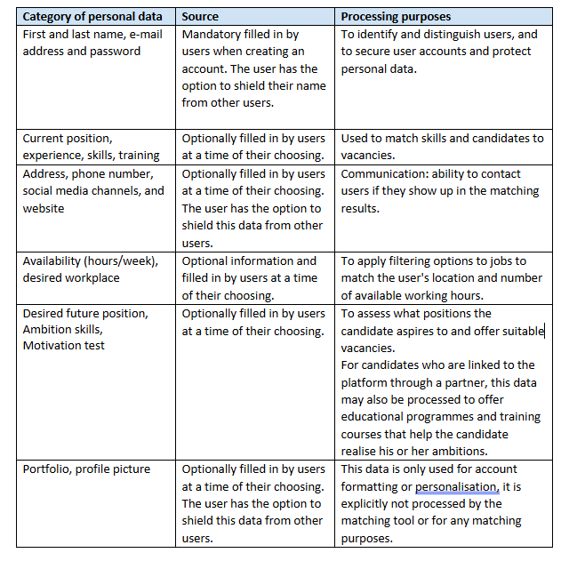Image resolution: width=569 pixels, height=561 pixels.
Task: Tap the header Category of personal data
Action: tap(92, 17)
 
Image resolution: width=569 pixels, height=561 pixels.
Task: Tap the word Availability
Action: tap(53, 260)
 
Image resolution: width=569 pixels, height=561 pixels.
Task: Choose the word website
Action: tap(44, 208)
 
